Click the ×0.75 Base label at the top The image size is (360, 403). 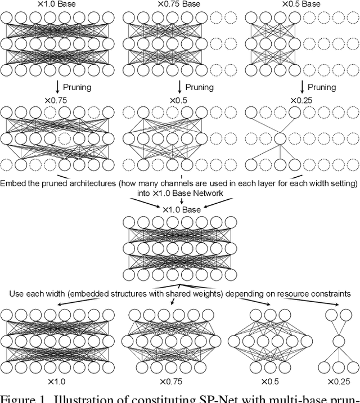pyautogui.click(x=179, y=5)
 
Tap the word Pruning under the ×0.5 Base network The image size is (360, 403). pyautogui.click(x=322, y=87)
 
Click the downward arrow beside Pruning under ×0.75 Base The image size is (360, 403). pyautogui.click(x=179, y=86)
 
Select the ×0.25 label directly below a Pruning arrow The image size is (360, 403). pyautogui.click(x=303, y=100)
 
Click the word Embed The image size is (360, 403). pyautogui.click(x=13, y=183)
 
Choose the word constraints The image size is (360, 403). pyautogui.click(x=329, y=294)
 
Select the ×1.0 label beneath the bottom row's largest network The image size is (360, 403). pyautogui.click(x=57, y=382)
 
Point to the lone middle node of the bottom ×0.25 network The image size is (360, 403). pyautogui.click(x=337, y=341)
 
